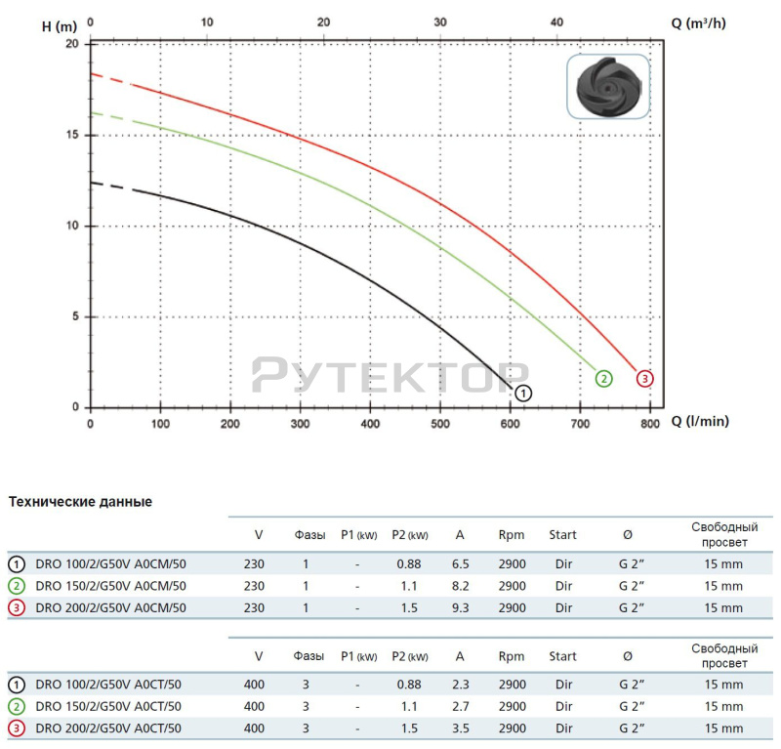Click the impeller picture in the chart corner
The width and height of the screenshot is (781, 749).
click(608, 87)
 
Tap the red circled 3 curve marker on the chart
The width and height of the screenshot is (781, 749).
click(644, 379)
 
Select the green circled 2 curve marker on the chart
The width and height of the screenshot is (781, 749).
click(603, 379)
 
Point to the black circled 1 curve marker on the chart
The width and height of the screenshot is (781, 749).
click(523, 394)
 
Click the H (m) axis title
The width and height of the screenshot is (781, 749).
click(60, 26)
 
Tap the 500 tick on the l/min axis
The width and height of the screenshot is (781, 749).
click(440, 425)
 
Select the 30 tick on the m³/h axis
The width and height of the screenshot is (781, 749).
click(440, 21)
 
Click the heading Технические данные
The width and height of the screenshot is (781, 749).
click(80, 502)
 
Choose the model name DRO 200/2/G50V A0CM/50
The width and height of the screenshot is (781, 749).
click(110, 607)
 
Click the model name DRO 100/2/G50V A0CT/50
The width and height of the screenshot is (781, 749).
click(108, 685)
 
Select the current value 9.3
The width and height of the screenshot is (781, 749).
click(460, 607)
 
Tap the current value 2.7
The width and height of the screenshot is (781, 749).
click(460, 706)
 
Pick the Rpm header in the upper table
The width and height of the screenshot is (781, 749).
click(511, 534)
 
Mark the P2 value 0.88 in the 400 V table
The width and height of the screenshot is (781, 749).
click(409, 685)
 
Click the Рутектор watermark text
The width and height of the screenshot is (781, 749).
click(390, 375)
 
